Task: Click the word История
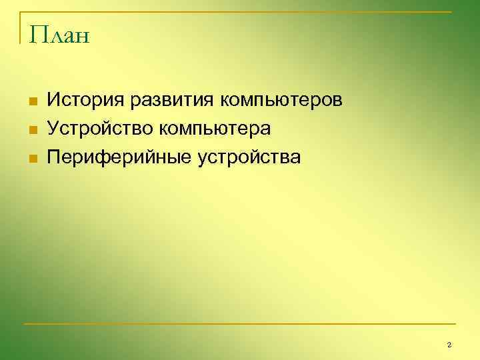[85, 101]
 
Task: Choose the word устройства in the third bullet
[249, 158]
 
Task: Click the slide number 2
[449, 345]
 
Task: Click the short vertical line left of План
[21, 28]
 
